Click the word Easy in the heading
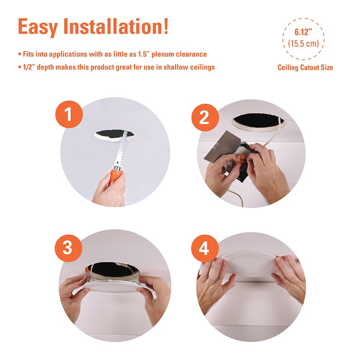click(x=38, y=27)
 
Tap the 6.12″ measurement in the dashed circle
click(x=303, y=32)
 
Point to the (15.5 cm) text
click(x=303, y=44)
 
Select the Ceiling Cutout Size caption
click(x=305, y=68)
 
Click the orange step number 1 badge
click(x=69, y=114)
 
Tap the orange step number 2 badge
click(x=205, y=118)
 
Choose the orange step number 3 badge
click(x=68, y=248)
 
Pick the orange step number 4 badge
click(x=204, y=248)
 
